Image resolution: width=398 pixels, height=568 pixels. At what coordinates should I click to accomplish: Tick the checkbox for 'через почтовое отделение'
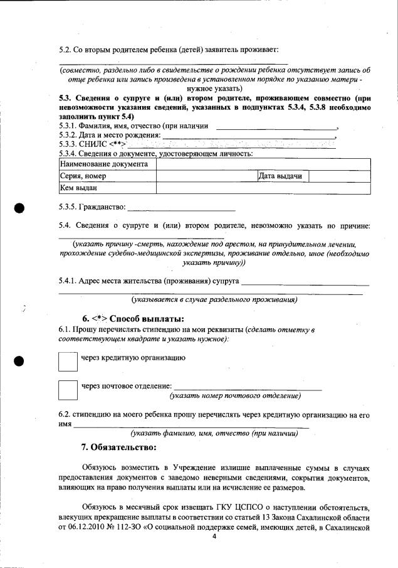point(67,389)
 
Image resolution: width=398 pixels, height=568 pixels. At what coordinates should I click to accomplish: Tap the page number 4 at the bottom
point(214,553)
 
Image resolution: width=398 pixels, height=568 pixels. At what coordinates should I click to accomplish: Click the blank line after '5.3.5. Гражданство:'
point(181,208)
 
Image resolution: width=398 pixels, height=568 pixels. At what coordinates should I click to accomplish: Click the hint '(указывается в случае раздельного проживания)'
point(214,299)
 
